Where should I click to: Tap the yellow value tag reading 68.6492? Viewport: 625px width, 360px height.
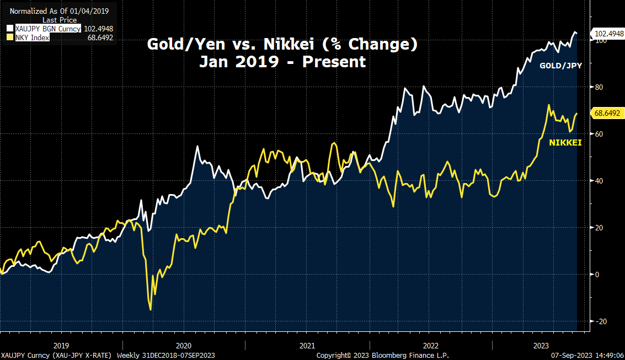[x=606, y=113]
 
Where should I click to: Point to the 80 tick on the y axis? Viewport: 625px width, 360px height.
[x=597, y=87]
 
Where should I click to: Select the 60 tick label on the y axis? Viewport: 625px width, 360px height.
[x=597, y=134]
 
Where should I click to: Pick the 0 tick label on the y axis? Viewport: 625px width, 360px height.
[x=596, y=275]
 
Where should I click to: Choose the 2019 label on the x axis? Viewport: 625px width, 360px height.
[x=61, y=345]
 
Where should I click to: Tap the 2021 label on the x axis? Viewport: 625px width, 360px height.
[x=307, y=345]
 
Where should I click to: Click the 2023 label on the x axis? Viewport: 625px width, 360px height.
[x=541, y=345]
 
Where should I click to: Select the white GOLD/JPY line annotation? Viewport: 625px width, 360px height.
[x=560, y=66]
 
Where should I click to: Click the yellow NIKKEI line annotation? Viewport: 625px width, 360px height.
[x=565, y=143]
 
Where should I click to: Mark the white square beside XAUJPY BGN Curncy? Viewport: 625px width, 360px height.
[x=10, y=29]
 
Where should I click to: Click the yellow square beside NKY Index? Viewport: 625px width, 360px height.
[x=10, y=37]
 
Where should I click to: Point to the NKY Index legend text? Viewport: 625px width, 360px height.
[x=32, y=37]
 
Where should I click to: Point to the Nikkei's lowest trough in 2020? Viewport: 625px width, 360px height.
[x=151, y=310]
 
